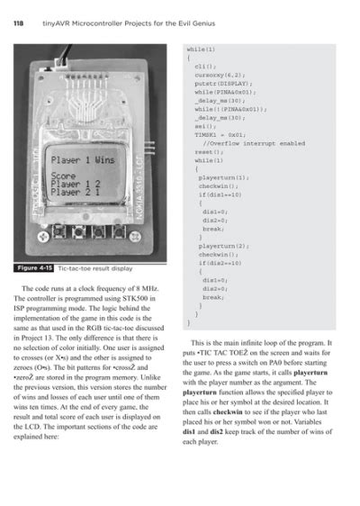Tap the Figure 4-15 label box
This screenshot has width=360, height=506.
tap(34, 267)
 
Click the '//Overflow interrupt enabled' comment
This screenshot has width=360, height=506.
tap(241, 142)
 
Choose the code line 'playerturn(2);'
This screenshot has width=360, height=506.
tap(222, 245)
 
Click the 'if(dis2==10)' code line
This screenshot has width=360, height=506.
tap(220, 262)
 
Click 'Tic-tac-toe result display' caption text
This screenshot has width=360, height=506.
tap(94, 267)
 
